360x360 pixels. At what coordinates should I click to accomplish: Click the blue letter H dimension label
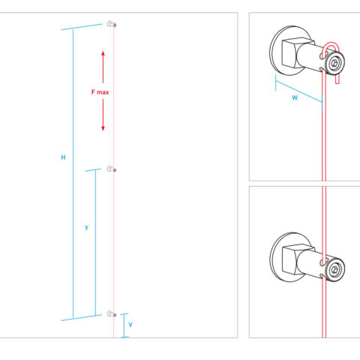(x=63, y=157)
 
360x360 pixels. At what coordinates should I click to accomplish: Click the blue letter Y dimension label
(x=86, y=228)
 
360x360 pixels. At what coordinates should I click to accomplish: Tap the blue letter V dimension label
(x=130, y=325)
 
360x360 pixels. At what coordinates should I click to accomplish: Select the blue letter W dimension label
(x=295, y=97)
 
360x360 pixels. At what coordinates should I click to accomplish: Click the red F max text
(x=100, y=92)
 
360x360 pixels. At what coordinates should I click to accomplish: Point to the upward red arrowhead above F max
(x=103, y=54)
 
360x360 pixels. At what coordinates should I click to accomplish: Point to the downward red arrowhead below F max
(x=103, y=128)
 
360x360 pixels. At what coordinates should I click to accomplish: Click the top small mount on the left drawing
(x=112, y=24)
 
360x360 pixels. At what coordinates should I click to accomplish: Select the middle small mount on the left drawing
(x=112, y=169)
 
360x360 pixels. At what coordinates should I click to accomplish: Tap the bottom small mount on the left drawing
(x=112, y=313)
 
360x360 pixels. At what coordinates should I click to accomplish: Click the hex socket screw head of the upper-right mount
(x=334, y=63)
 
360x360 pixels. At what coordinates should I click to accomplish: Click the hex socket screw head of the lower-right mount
(x=334, y=270)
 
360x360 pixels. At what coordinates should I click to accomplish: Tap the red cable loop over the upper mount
(x=331, y=44)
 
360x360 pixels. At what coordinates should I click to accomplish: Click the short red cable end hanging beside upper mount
(x=337, y=79)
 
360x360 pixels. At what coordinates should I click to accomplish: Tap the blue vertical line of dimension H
(x=73, y=174)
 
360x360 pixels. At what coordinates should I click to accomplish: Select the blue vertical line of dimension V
(x=124, y=325)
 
